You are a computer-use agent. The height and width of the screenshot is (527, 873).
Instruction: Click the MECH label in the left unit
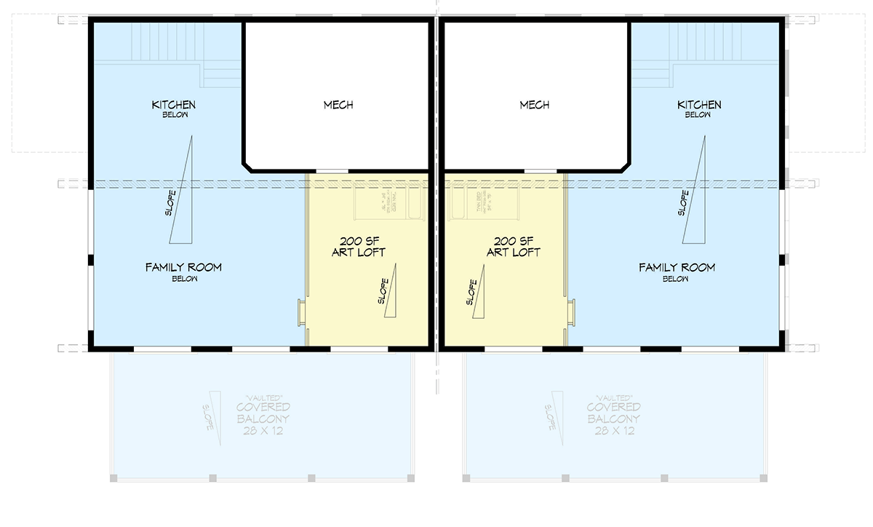[x=338, y=105]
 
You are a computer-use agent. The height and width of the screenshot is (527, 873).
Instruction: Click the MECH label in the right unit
[x=535, y=105]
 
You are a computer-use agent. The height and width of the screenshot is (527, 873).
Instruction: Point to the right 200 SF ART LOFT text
[x=513, y=247]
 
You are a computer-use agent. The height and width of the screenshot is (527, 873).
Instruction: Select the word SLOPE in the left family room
[x=170, y=205]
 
